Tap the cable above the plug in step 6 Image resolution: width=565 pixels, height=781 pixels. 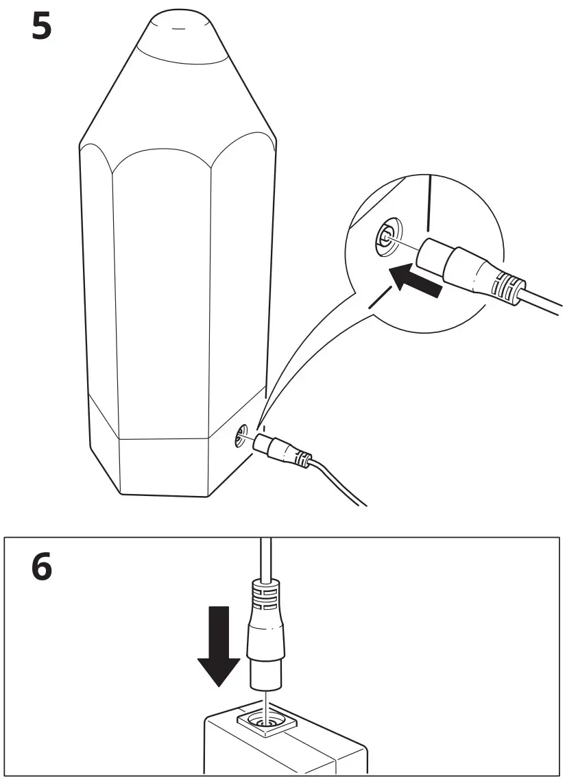[x=264, y=555]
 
